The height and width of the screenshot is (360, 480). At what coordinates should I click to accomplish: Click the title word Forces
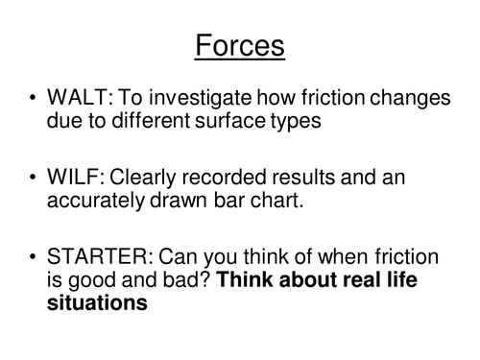coord(239,44)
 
